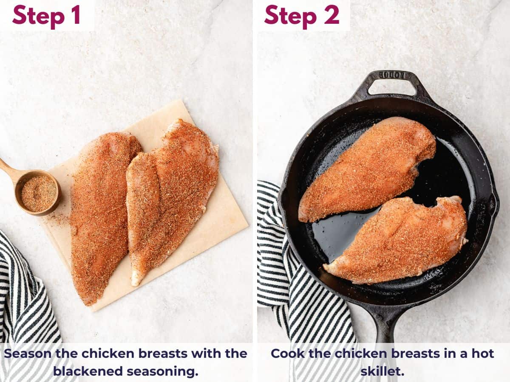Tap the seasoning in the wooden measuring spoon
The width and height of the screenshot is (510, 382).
click(x=39, y=194)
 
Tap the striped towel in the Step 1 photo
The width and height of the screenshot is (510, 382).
click(x=25, y=306)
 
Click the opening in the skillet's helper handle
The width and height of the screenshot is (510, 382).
click(x=391, y=87)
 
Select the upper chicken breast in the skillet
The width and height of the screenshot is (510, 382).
click(x=368, y=170)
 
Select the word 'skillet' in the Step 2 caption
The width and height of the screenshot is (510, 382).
click(x=382, y=371)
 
